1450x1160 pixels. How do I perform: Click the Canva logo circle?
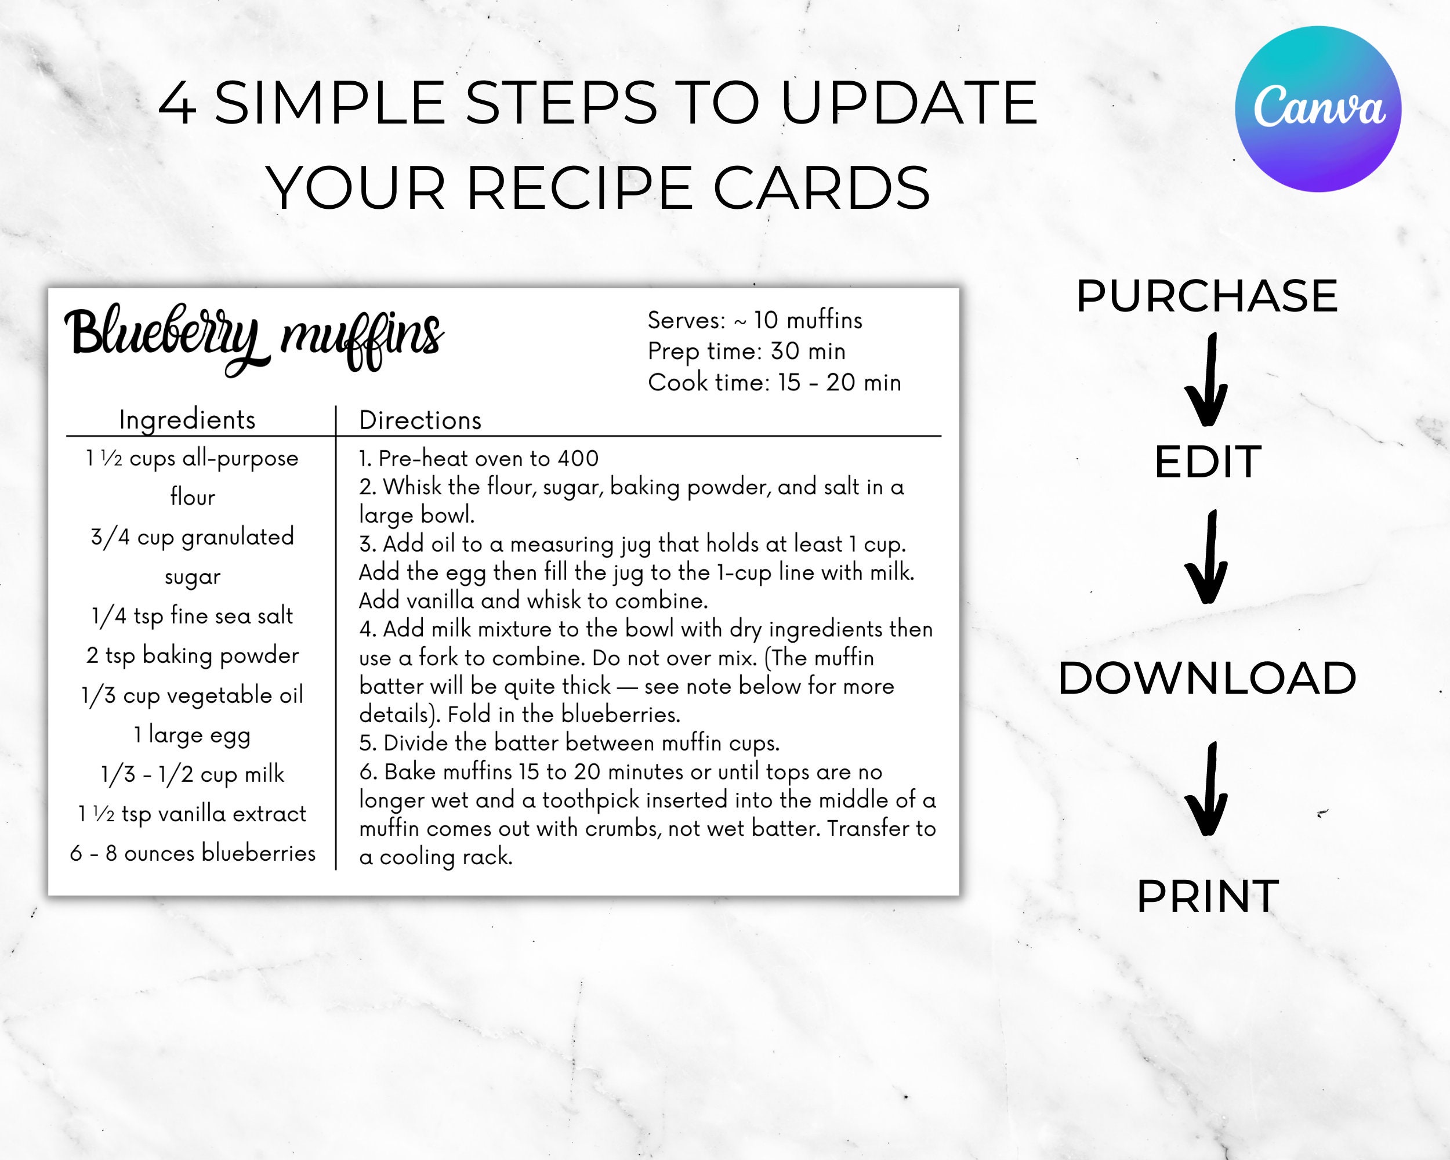[x=1318, y=109]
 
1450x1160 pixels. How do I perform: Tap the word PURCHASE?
[x=1206, y=296]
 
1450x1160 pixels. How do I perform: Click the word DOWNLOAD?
[x=1207, y=678]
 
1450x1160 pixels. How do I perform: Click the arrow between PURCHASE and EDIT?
[x=1207, y=380]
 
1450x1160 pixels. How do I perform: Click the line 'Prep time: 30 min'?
[x=746, y=351]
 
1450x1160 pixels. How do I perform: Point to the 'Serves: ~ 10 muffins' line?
[x=755, y=320]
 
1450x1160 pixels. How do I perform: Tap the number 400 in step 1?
[x=578, y=459]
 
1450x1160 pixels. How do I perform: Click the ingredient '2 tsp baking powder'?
[x=193, y=655]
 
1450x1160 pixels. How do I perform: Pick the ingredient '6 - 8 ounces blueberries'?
[x=193, y=853]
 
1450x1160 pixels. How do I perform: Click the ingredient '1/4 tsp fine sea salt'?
[x=193, y=616]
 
